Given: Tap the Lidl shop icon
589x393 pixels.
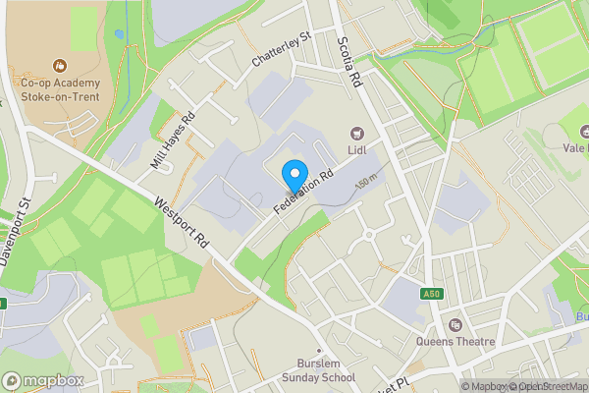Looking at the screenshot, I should coord(355,132).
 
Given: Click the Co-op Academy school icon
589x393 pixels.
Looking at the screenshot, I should coord(61,66).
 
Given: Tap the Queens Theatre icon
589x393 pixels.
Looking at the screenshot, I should coord(455,325).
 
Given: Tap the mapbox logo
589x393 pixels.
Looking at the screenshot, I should coord(42,380).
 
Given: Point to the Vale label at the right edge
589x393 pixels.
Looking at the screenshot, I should coord(574,148).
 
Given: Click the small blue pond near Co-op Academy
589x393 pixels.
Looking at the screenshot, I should coord(119,33).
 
